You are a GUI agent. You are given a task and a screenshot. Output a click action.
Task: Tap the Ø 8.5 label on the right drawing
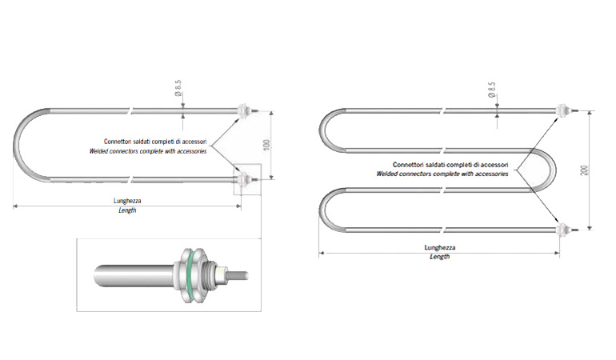pos(491,89)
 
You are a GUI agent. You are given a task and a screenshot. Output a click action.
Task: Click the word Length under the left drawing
pos(127,210)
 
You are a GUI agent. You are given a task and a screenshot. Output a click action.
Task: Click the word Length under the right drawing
pos(440,257)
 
